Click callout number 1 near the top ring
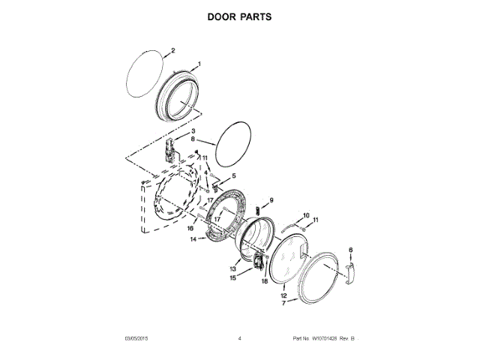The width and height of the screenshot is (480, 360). click(199, 64)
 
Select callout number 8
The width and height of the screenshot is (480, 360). click(193, 139)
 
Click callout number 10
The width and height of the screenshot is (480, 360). click(305, 216)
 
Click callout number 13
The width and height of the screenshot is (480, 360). click(233, 268)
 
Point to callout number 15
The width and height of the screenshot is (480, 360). click(232, 278)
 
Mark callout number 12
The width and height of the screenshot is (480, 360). click(283, 295)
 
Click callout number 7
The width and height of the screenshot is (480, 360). click(283, 304)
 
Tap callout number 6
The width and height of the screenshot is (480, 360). click(350, 249)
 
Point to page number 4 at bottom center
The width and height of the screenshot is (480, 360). click(239, 339)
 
